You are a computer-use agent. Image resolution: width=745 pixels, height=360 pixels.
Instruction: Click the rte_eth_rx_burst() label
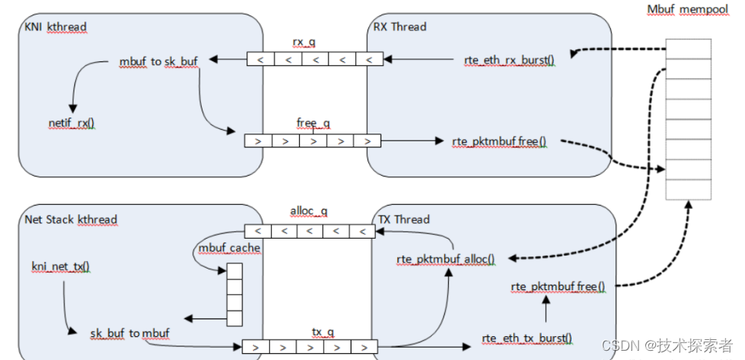509,58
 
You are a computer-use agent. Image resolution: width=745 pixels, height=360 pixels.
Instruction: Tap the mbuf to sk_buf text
159,61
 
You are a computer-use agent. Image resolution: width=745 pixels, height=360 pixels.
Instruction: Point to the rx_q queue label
304,41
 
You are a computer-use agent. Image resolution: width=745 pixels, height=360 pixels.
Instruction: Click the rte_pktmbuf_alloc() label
446,259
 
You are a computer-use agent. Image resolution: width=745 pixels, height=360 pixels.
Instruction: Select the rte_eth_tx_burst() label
527,338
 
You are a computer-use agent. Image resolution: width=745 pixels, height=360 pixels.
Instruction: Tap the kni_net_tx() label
61,266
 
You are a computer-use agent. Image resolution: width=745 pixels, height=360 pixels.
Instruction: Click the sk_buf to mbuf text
130,333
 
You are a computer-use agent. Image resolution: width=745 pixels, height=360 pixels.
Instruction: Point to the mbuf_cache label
229,248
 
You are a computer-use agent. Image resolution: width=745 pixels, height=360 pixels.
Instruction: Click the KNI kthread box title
55,27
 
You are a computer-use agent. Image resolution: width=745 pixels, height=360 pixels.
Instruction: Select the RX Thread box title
400,27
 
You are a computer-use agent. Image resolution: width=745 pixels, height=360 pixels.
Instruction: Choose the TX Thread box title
404,219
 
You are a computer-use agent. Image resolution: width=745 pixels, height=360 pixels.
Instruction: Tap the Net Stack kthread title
71,220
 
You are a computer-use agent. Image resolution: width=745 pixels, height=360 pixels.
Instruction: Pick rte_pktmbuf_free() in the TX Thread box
558,287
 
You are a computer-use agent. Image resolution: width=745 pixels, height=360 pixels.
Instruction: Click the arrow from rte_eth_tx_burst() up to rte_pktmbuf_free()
546,312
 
